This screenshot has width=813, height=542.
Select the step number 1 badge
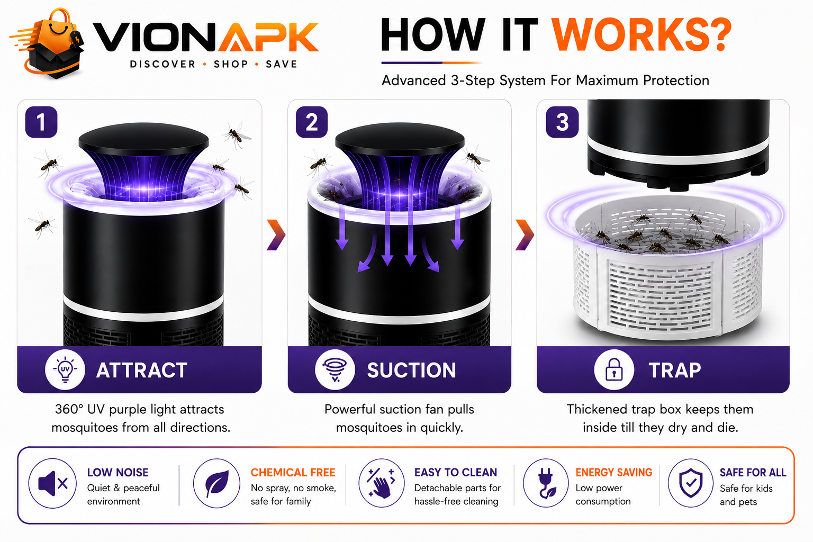41,122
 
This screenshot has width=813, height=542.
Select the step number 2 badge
311,122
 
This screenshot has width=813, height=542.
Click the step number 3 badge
562,122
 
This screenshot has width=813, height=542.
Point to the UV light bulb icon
65,369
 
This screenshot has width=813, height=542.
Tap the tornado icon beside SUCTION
335,369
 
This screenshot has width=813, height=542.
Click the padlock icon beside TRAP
614,369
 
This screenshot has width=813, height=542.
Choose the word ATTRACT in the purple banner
141,371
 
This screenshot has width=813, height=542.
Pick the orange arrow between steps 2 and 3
525,235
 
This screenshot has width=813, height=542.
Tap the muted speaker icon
52,483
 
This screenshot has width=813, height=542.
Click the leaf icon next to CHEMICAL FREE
216,483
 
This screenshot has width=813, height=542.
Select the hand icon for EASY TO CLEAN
382,483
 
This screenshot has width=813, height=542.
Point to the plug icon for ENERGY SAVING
546,483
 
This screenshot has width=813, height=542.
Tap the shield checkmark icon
691,483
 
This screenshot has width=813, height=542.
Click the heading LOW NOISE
118,472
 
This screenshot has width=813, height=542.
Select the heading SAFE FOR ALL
753,472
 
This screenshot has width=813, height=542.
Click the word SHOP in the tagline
231,64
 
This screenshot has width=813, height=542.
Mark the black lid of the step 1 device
144,139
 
